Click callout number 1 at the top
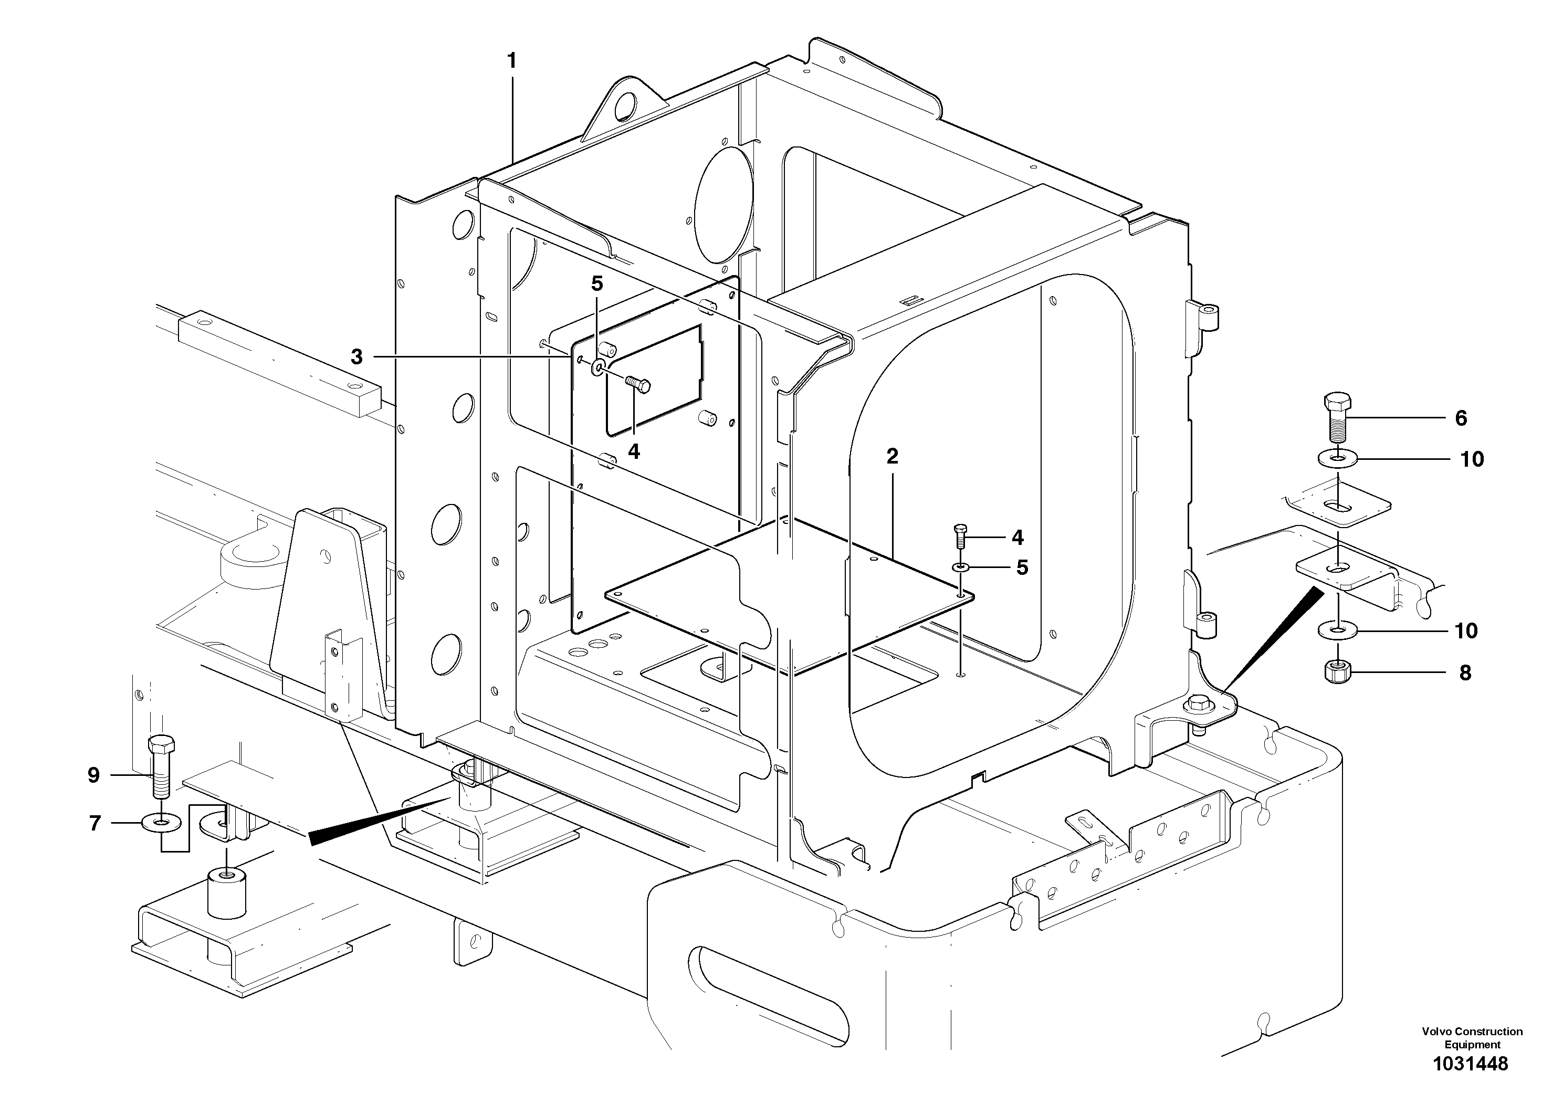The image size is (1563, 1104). click(x=511, y=61)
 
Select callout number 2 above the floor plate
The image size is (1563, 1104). click(x=892, y=456)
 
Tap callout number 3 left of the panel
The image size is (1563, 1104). click(x=356, y=356)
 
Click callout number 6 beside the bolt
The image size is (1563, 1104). click(x=1461, y=418)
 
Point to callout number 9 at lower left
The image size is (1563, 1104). click(x=93, y=775)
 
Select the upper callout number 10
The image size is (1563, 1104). click(x=1472, y=459)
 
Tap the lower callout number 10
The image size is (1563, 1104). click(x=1466, y=631)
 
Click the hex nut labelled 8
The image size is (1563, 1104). click(x=1338, y=672)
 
